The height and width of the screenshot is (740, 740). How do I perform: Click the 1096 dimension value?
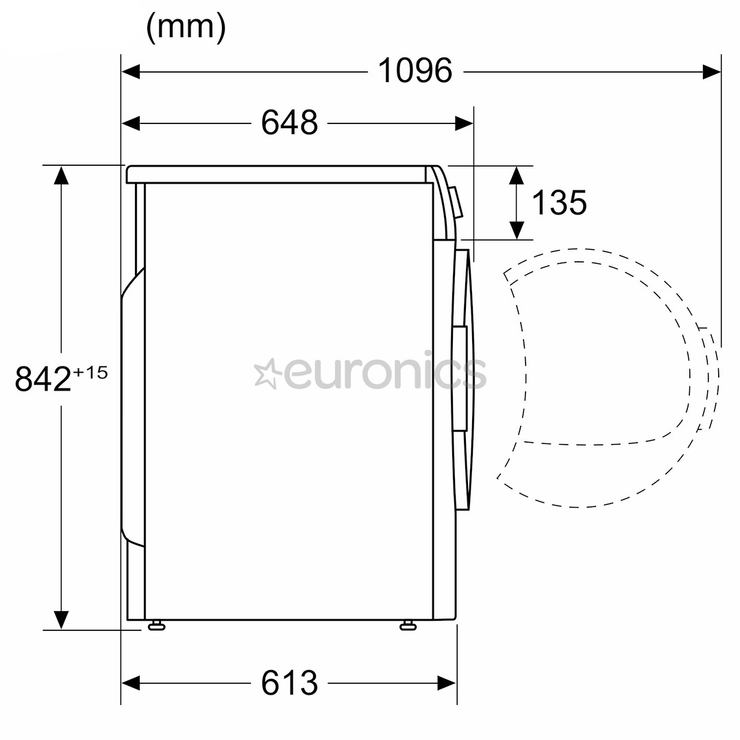[415, 71]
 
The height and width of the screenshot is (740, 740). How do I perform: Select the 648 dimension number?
[289, 123]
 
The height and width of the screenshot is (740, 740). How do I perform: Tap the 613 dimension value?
[289, 682]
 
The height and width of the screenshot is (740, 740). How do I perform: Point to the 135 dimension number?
[559, 202]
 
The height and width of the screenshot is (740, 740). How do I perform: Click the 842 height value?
[43, 379]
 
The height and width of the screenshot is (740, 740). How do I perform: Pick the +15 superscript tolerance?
[91, 372]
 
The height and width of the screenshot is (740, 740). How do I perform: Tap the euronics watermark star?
[267, 374]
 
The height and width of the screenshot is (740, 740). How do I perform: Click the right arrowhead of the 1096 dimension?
[712, 71]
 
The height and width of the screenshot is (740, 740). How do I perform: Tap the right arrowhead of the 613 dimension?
[447, 682]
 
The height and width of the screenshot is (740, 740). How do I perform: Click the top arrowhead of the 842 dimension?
[62, 175]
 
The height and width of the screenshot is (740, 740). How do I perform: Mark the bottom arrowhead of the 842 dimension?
[62, 619]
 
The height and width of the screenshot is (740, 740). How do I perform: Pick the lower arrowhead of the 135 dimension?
[517, 230]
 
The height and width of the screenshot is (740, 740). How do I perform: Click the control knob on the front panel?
[456, 203]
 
